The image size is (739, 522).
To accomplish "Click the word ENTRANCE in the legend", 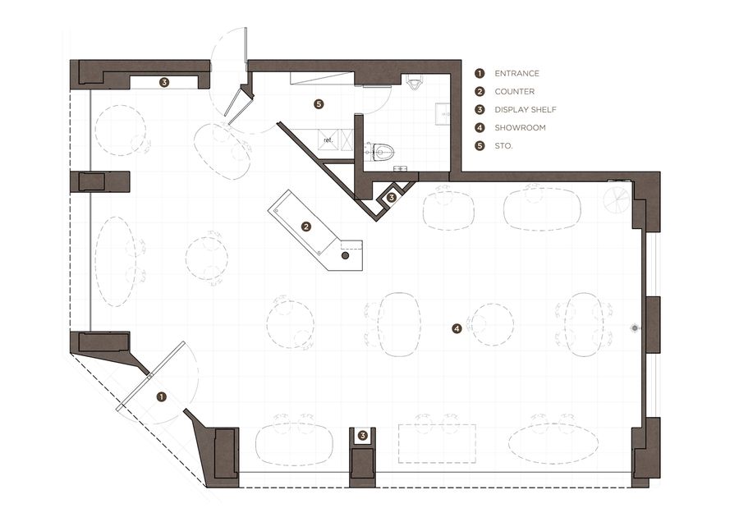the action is [x=516, y=74].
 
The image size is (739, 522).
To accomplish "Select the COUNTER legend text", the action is [x=515, y=91].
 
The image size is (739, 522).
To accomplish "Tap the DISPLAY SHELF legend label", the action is [x=526, y=110].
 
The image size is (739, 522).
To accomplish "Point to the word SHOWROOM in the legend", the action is [x=521, y=128].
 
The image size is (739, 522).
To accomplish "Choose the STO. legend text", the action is [x=504, y=146].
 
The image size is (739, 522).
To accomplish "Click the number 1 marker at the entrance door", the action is [x=162, y=397].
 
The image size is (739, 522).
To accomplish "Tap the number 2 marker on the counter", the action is [x=306, y=227].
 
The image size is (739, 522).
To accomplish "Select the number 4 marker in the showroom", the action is [x=457, y=329].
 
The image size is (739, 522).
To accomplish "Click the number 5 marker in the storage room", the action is [x=319, y=103].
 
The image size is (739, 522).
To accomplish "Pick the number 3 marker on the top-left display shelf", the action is [x=164, y=82].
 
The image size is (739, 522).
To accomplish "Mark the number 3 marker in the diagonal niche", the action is [x=391, y=198].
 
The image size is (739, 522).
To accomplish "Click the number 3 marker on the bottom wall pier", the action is [x=362, y=436].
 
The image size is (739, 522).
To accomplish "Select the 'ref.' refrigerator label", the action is [x=328, y=140].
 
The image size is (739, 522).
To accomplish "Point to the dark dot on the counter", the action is [x=345, y=256].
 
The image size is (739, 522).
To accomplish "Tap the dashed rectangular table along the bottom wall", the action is [x=437, y=443].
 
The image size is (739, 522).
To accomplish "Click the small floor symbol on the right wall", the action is [x=635, y=328].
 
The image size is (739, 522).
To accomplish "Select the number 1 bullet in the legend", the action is [x=480, y=74].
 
